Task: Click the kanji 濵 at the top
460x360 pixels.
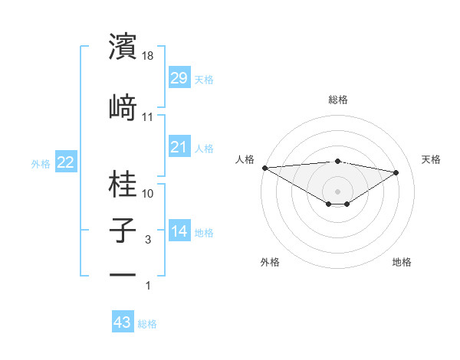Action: pyautogui.click(x=123, y=47)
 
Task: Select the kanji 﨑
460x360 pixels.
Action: pyautogui.click(x=123, y=106)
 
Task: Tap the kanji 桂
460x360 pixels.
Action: pyautogui.click(x=123, y=184)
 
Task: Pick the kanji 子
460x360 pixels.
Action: pyautogui.click(x=123, y=231)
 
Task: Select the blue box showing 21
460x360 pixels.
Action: pyautogui.click(x=179, y=147)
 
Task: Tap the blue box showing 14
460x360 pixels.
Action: pyautogui.click(x=179, y=231)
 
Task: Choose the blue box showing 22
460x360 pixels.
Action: pyautogui.click(x=65, y=162)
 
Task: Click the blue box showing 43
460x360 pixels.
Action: pyautogui.click(x=123, y=322)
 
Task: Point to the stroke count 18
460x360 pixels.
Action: pyautogui.click(x=149, y=56)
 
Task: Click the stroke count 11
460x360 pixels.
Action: pyautogui.click(x=148, y=117)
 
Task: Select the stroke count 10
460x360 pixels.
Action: pyautogui.click(x=148, y=193)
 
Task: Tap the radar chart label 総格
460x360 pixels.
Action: pyautogui.click(x=337, y=100)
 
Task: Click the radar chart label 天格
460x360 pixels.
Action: pyautogui.click(x=431, y=159)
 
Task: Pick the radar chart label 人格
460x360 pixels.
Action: pyautogui.click(x=245, y=159)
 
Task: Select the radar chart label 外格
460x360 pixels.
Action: pyautogui.click(x=270, y=262)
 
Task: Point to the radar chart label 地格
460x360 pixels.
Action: pyautogui.click(x=402, y=262)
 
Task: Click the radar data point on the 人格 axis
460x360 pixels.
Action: pyautogui.click(x=264, y=168)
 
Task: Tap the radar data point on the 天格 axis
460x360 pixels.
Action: pyautogui.click(x=396, y=172)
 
